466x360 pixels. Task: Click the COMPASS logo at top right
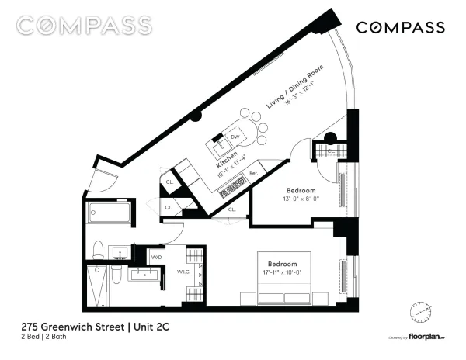tap(400, 27)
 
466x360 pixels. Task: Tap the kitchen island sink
tap(220, 144)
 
